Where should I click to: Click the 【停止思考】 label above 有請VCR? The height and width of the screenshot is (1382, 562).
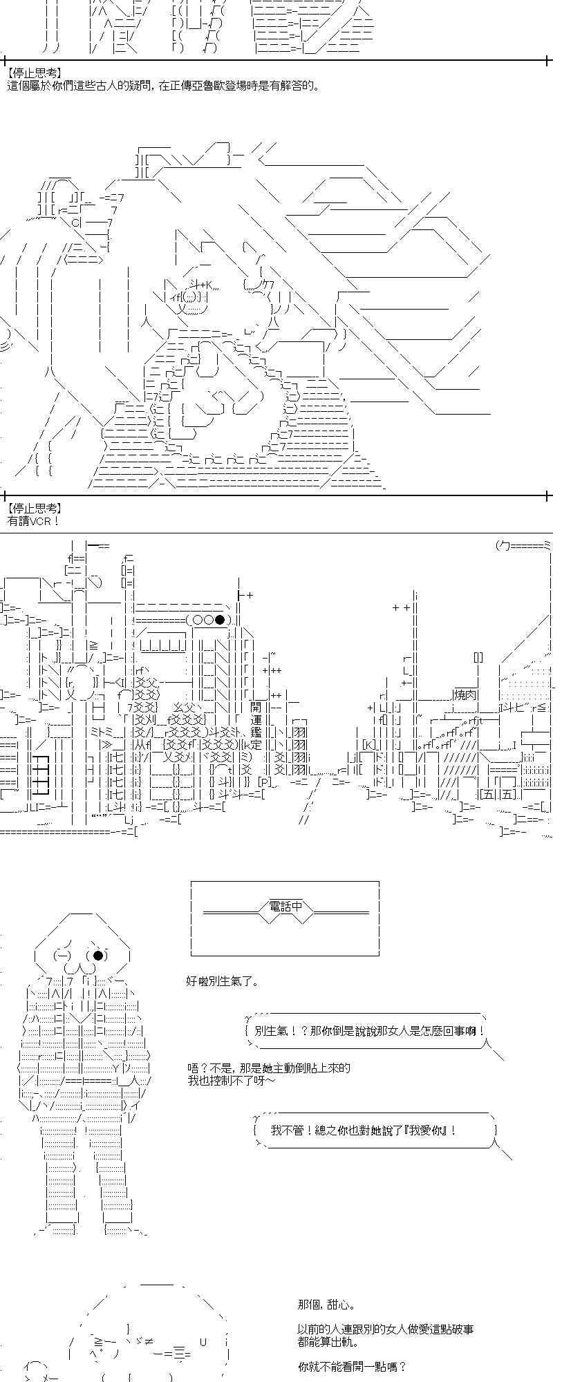(35, 508)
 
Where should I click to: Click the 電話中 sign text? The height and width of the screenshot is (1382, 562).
(285, 906)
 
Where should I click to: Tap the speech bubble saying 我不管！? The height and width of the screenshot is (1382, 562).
(375, 1130)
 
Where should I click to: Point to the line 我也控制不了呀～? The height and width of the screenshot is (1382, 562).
(231, 1080)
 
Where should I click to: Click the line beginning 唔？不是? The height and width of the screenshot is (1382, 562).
(269, 1068)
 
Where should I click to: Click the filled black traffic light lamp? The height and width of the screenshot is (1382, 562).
(220, 620)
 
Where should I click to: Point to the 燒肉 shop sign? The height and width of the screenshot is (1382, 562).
(464, 694)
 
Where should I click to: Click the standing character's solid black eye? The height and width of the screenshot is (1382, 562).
(98, 956)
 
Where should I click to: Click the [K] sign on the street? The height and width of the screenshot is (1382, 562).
(368, 744)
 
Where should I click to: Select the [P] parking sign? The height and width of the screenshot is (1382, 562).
(265, 782)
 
